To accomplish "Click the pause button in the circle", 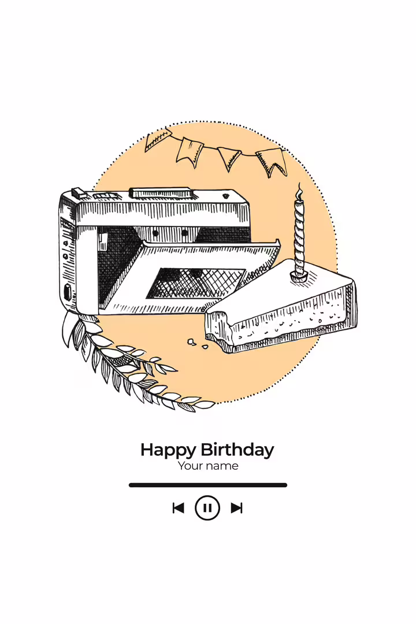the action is (x=207, y=508).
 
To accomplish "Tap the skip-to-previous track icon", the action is (x=178, y=508).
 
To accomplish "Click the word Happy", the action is (x=168, y=451).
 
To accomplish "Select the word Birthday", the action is (x=237, y=450).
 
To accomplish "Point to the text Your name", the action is (x=208, y=466).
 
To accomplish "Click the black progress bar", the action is (x=208, y=485).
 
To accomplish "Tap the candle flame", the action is (x=299, y=192).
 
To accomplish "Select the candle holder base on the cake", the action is (x=299, y=276).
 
